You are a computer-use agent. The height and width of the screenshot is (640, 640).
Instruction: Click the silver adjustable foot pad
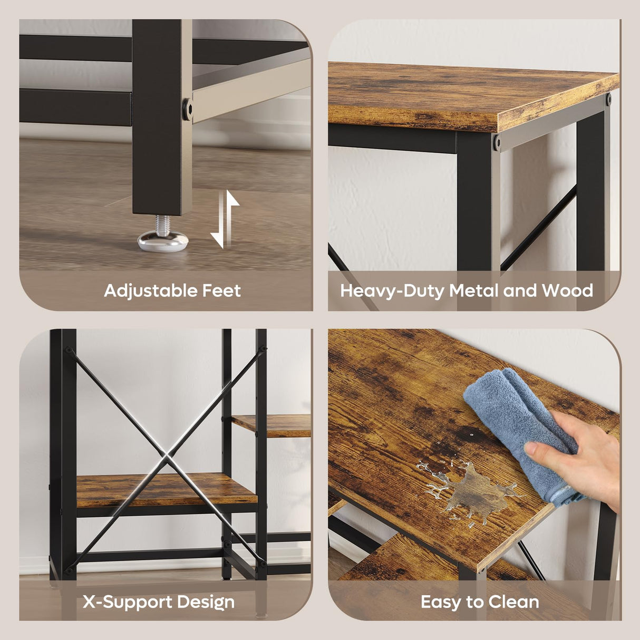point(163,240)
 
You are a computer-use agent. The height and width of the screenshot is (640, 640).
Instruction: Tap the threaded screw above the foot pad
point(163,224)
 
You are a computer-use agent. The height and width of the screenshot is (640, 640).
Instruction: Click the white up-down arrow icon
point(225,219)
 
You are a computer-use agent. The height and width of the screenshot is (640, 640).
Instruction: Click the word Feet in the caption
point(222,290)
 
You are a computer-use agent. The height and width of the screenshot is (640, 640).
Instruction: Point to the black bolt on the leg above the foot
point(187,109)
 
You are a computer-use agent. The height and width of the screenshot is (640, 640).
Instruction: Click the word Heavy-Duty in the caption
point(393,292)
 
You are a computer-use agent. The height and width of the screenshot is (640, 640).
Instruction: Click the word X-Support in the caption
point(128,602)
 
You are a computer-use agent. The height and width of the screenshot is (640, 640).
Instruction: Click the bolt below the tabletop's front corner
point(497,143)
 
